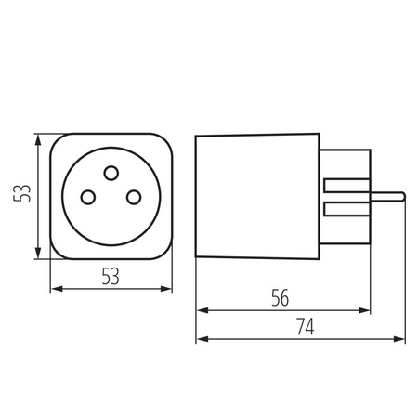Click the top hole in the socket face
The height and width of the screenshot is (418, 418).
111,172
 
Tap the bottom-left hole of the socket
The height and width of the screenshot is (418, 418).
90,196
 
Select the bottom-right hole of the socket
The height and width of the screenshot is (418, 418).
133,196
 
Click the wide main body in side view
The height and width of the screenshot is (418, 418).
255,195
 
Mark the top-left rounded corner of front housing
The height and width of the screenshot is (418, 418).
58,140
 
